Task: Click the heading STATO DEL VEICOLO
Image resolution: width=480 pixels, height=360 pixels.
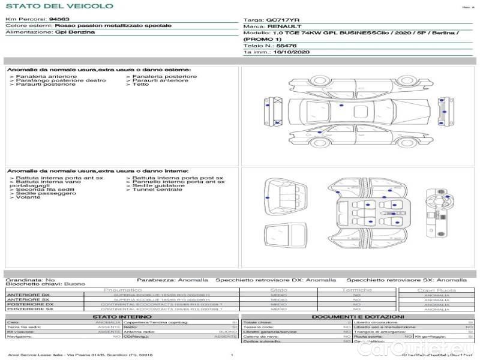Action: [x=59, y=6]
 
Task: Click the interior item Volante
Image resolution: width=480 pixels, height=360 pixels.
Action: [x=28, y=197]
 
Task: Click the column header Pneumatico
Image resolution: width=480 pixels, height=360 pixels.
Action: [x=123, y=290]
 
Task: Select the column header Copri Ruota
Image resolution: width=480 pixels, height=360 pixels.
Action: [x=436, y=290]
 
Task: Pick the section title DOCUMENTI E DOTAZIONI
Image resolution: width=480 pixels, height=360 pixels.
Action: [x=358, y=316]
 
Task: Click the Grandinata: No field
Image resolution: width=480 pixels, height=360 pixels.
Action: [x=30, y=280]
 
